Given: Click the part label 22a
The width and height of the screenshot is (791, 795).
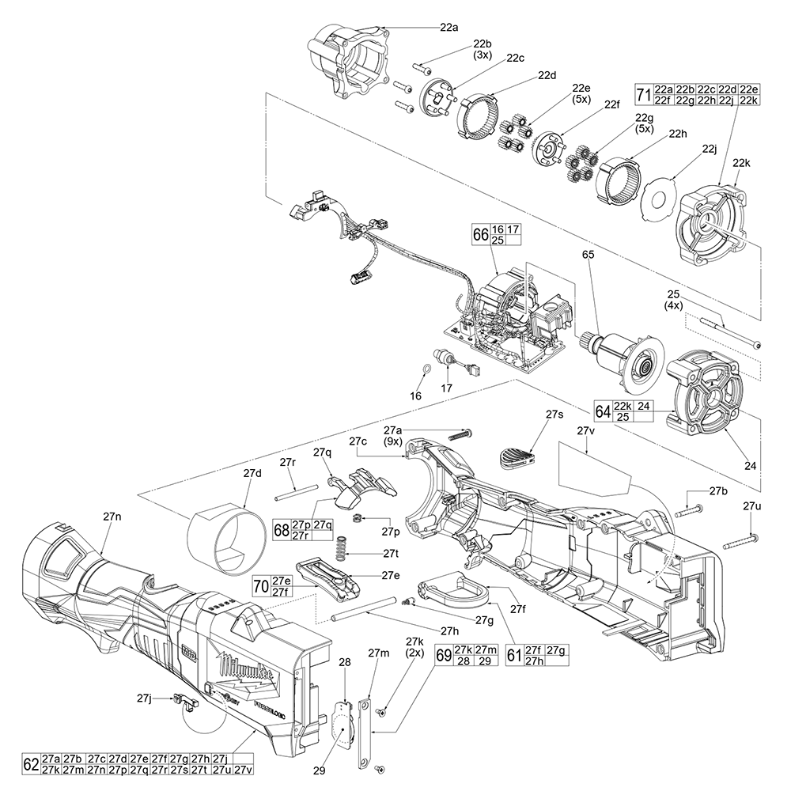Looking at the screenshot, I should click(x=448, y=27).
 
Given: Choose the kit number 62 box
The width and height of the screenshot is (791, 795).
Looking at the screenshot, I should click(x=31, y=765).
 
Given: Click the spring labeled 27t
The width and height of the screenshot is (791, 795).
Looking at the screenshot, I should click(x=342, y=544).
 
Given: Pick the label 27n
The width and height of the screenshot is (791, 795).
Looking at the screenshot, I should click(x=112, y=515).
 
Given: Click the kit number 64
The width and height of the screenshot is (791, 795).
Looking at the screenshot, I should click(x=604, y=411).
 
